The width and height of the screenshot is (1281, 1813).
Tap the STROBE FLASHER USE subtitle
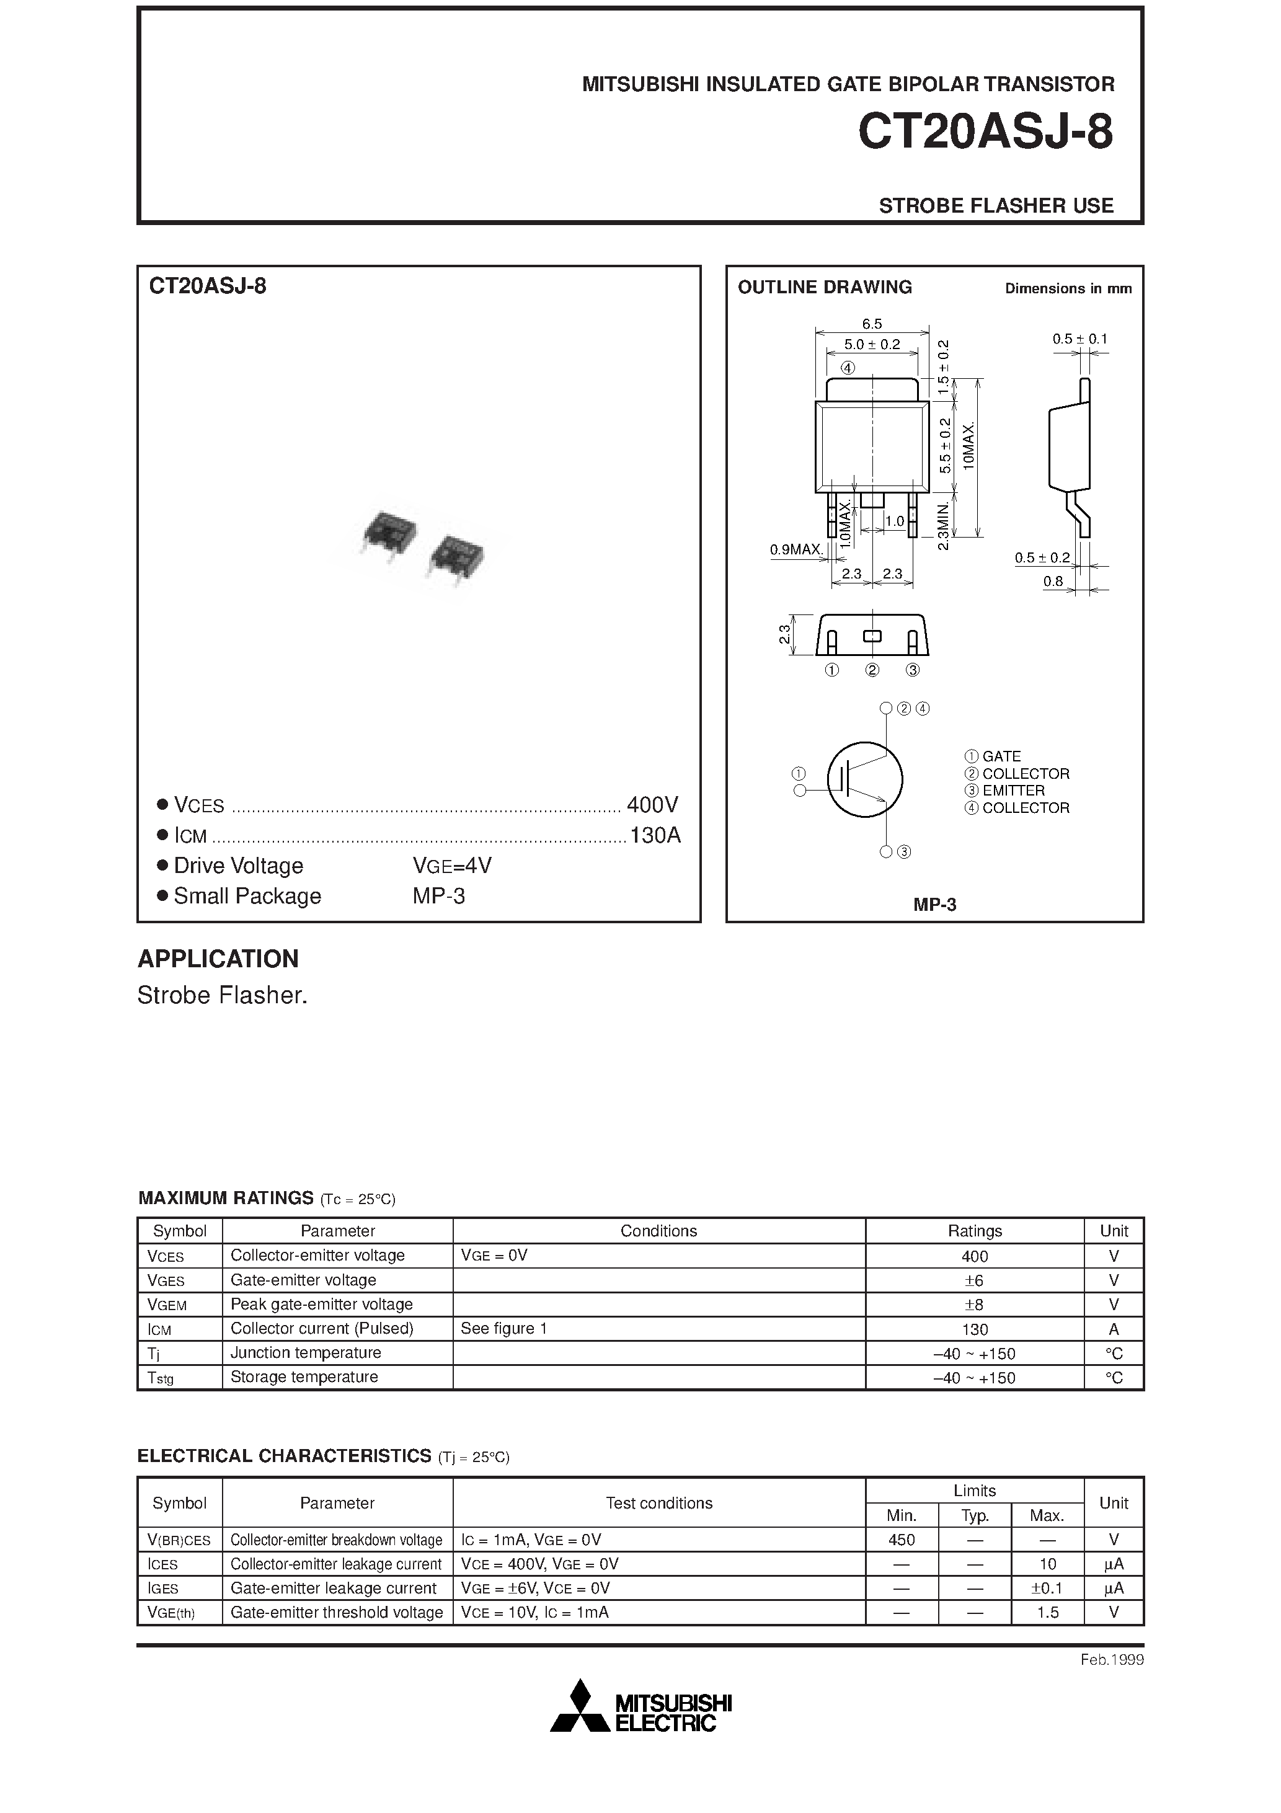995,205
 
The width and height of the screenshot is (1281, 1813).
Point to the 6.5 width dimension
872,324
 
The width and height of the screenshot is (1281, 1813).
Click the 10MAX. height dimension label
970,446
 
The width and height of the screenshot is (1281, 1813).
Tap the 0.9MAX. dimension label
797,549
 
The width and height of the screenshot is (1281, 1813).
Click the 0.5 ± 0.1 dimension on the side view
1079,339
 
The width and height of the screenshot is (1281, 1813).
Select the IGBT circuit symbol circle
865,779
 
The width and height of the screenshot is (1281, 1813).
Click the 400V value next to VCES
652,805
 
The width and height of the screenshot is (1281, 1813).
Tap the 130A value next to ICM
655,835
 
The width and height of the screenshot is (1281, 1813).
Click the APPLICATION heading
218,959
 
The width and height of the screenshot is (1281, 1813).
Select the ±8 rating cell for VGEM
974,1305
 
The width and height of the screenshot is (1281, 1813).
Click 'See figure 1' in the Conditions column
504,1328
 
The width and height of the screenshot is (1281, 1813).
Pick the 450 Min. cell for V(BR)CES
901,1540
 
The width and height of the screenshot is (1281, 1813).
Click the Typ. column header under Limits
975,1515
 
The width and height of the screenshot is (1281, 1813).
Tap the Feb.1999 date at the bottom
1111,1660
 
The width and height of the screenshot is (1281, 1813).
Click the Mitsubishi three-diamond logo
580,1707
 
